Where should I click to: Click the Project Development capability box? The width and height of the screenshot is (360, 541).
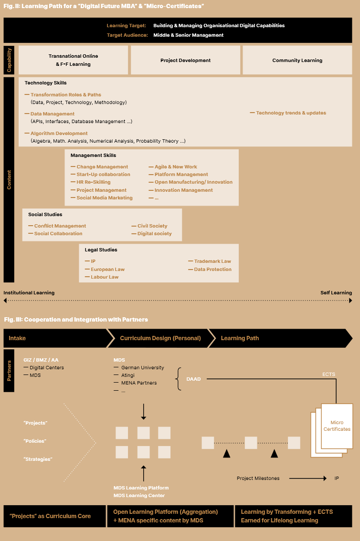tap(185, 60)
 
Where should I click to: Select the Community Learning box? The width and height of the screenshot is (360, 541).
tap(297, 60)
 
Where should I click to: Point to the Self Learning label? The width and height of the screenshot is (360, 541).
tap(336, 292)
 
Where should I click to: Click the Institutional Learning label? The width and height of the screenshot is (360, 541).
tap(29, 292)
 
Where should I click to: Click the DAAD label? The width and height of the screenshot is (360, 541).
tap(193, 379)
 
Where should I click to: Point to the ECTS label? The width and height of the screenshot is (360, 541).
tap(328, 375)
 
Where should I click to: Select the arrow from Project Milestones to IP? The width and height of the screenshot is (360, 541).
tap(308, 478)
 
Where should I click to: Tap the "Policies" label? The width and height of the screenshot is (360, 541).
tap(35, 441)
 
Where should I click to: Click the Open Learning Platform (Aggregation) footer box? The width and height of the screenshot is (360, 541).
tap(170, 516)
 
